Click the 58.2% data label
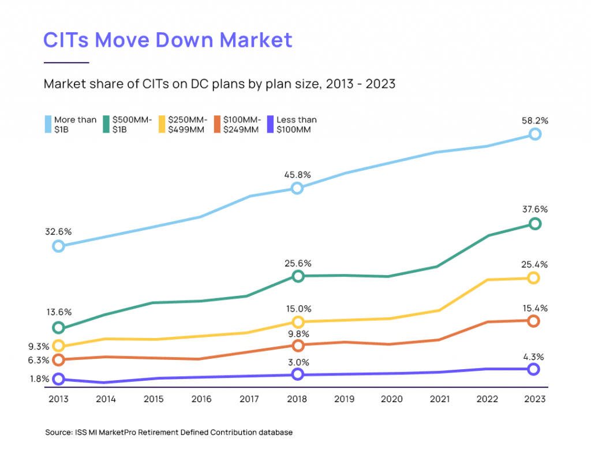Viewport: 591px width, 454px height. pyautogui.click(x=534, y=121)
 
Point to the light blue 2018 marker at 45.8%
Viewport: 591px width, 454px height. pyautogui.click(x=297, y=188)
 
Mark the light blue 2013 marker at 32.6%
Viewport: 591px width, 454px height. pyautogui.click(x=58, y=246)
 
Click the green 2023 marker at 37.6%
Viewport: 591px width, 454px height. pyautogui.click(x=535, y=224)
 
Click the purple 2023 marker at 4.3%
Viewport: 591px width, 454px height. pyautogui.click(x=534, y=369)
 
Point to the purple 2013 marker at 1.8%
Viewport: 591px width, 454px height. pyautogui.click(x=58, y=379)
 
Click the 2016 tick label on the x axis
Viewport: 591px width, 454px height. pyautogui.click(x=201, y=399)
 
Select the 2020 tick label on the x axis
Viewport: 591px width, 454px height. pyautogui.click(x=392, y=399)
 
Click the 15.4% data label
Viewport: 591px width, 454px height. pyautogui.click(x=534, y=308)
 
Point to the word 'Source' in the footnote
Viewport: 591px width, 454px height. pyautogui.click(x=57, y=432)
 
